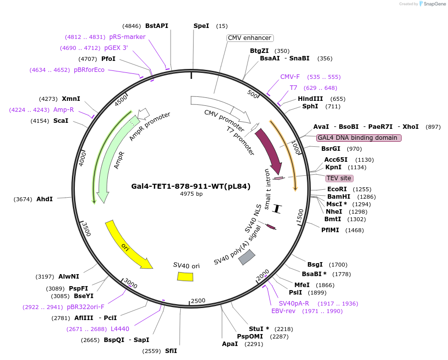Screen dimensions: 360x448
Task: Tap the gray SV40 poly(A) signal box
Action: click(x=246, y=257)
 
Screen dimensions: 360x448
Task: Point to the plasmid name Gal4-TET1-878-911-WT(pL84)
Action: click(x=191, y=186)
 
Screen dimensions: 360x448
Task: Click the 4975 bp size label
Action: click(x=191, y=194)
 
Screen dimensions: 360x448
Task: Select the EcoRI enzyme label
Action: click(x=336, y=189)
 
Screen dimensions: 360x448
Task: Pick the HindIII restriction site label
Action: click(x=310, y=99)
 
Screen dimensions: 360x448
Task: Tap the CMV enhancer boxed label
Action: click(x=249, y=38)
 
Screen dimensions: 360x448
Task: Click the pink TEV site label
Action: click(x=339, y=178)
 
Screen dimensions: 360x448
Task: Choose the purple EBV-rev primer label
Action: click(x=283, y=311)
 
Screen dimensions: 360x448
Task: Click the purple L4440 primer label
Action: click(x=120, y=329)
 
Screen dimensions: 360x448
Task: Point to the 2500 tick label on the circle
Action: click(x=198, y=300)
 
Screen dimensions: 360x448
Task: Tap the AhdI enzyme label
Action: click(x=44, y=199)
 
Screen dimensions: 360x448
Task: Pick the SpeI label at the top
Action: click(x=201, y=25)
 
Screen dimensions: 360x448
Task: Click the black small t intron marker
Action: click(x=277, y=208)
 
